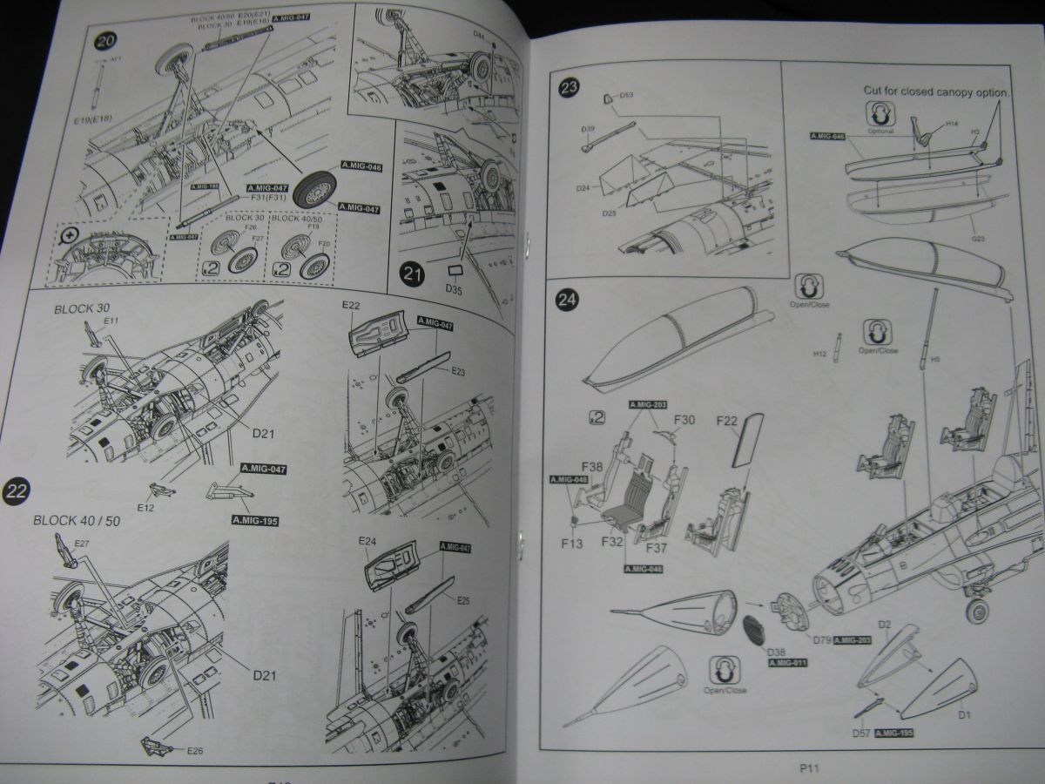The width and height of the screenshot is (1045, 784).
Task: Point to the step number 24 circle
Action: coord(567,301)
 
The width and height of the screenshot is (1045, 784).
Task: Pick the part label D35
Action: coord(455,287)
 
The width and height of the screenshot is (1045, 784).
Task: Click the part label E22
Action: coord(351,305)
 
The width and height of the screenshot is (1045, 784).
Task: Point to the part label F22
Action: coord(727,421)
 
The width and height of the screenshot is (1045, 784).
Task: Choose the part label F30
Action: coord(684,419)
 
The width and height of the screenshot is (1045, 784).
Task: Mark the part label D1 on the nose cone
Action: coord(963,716)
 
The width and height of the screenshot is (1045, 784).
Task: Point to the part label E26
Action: coord(194,750)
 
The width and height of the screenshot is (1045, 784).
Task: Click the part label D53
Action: coord(626,95)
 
